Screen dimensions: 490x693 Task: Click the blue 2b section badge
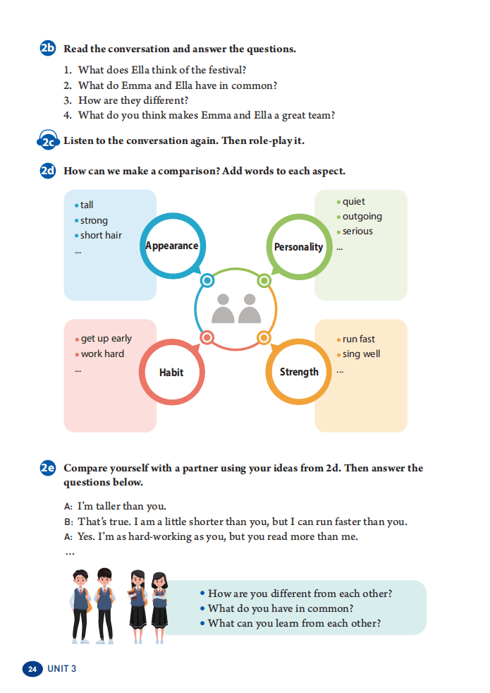[48, 48]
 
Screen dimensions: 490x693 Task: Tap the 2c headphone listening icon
[48, 140]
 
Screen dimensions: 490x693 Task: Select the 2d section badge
[48, 171]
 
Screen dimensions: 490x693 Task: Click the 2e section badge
[48, 468]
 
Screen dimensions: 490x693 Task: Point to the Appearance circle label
[172, 246]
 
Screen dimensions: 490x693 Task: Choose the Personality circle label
[298, 247]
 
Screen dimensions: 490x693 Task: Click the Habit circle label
[171, 373]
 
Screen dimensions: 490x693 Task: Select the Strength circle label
[299, 372]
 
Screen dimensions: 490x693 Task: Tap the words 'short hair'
[101, 235]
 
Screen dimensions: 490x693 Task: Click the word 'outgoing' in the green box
[362, 217]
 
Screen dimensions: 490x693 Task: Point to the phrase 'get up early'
[106, 339]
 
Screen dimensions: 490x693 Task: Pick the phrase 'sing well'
[361, 354]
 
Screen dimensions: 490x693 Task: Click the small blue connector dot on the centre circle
[207, 280]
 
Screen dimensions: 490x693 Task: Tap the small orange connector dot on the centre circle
[264, 337]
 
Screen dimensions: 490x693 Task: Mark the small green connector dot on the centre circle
[264, 280]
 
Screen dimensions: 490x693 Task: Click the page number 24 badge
[32, 669]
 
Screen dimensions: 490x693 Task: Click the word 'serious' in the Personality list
[357, 231]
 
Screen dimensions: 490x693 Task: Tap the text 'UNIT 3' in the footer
[62, 669]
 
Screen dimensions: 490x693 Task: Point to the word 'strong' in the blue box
[94, 221]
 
